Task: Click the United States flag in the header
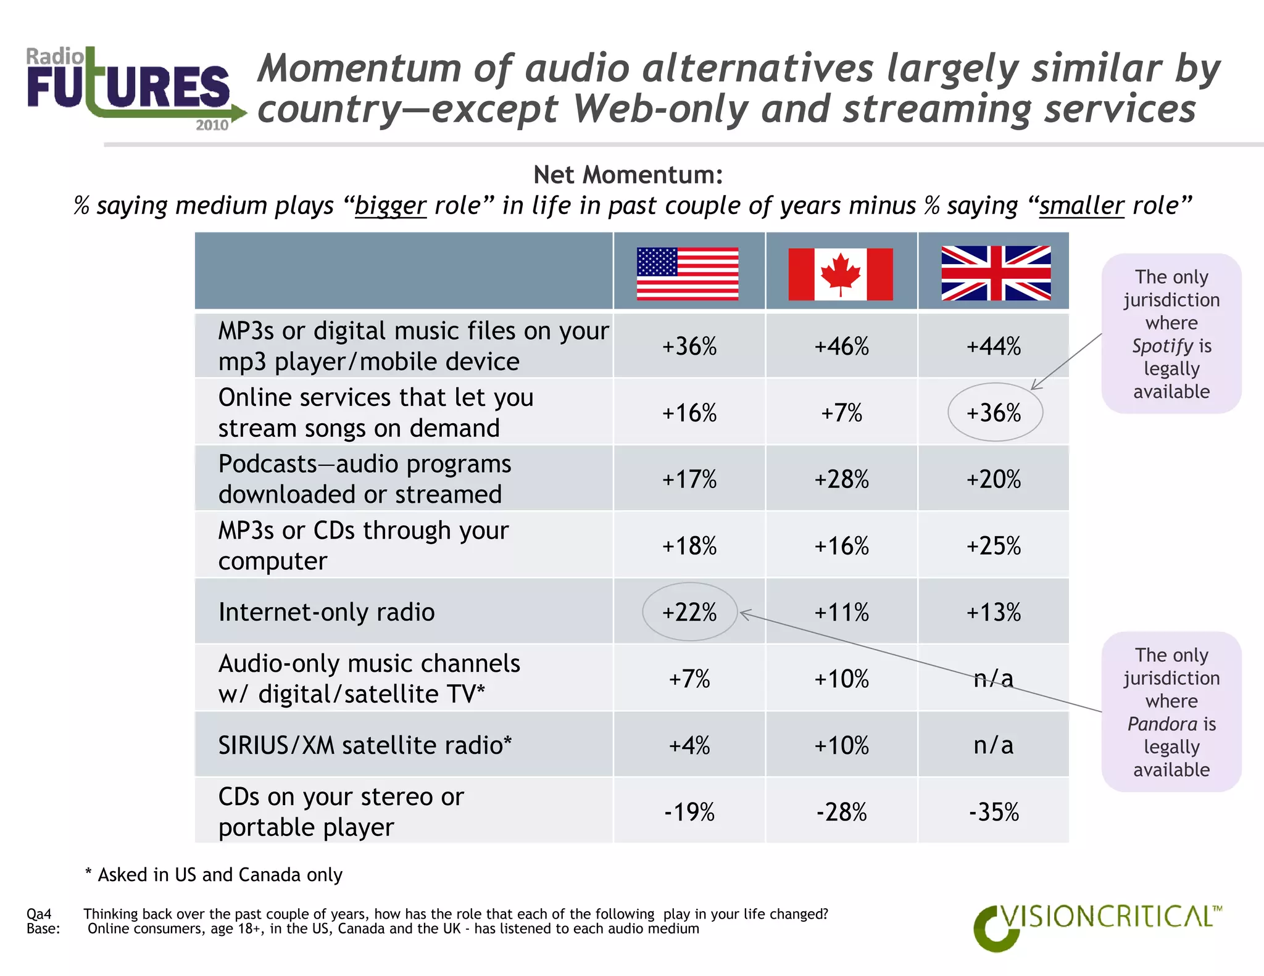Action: (x=688, y=273)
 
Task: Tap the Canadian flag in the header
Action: (x=841, y=274)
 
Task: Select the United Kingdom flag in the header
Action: (x=996, y=273)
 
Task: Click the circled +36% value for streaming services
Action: (x=994, y=413)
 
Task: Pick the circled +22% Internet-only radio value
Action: (x=689, y=612)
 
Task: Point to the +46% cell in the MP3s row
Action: (x=841, y=346)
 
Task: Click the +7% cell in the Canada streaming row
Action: (x=841, y=413)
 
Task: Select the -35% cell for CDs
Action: (x=994, y=812)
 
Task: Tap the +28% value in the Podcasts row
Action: (x=841, y=479)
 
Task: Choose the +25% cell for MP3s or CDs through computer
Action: (x=994, y=546)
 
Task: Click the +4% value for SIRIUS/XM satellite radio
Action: (x=689, y=745)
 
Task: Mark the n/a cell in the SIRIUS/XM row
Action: (x=994, y=745)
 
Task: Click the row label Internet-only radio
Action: (x=326, y=612)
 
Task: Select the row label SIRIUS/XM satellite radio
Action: (x=365, y=745)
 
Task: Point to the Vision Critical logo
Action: (x=1096, y=925)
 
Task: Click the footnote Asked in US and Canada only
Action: (x=214, y=875)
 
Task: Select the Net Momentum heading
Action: (x=628, y=175)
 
